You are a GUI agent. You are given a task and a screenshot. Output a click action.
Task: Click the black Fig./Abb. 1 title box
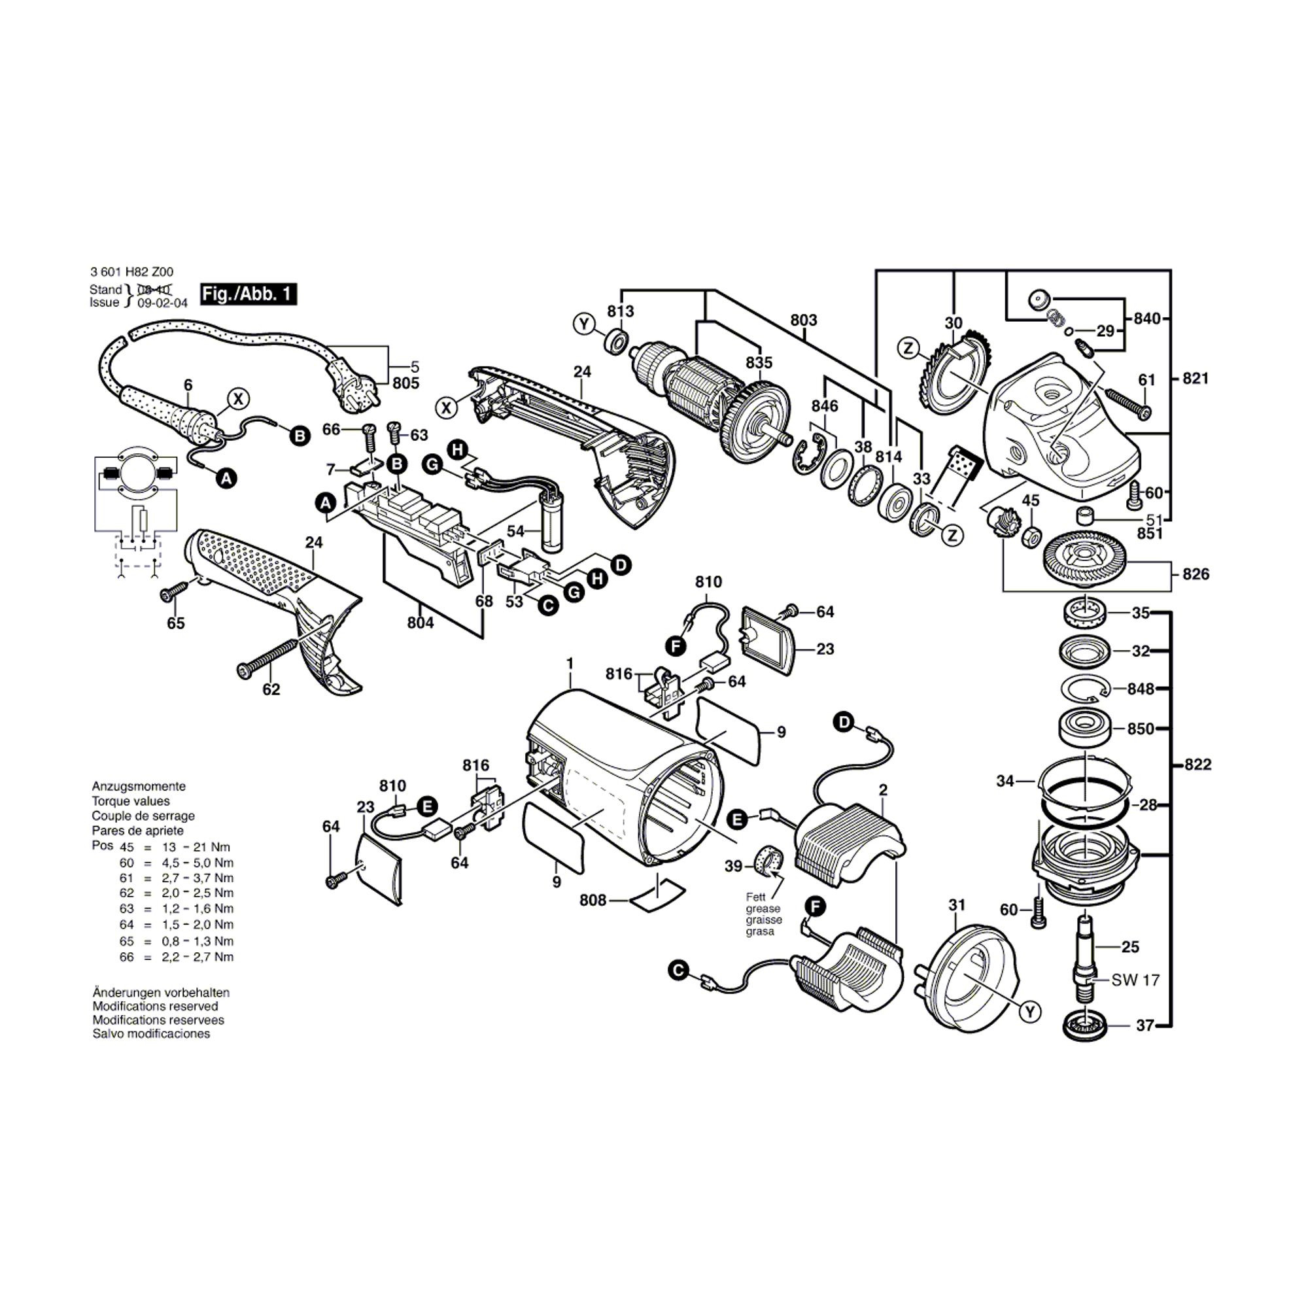click(249, 294)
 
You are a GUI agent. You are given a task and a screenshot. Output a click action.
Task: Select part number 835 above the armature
click(759, 362)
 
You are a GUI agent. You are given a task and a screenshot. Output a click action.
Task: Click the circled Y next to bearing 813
click(583, 324)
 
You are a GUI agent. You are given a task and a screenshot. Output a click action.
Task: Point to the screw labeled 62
click(267, 656)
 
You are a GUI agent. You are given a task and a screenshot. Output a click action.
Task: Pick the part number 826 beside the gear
click(1196, 574)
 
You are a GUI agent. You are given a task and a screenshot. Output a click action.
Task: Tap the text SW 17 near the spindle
click(1135, 980)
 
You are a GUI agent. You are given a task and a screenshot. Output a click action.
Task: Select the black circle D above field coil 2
click(844, 723)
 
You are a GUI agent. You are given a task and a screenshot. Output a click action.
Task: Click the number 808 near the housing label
click(593, 901)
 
